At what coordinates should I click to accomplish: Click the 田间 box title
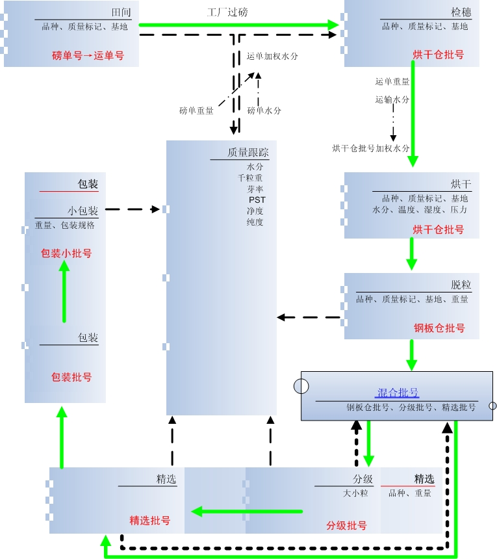point(120,13)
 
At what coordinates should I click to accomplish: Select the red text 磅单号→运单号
point(88,55)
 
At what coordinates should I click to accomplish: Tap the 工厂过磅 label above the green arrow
point(227,12)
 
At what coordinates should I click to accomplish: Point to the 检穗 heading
point(461,13)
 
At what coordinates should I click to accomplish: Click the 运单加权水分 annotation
point(272,57)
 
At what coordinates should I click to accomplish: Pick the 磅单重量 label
point(196,110)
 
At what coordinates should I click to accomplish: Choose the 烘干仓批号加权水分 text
point(371,148)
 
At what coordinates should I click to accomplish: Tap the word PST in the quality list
point(257,200)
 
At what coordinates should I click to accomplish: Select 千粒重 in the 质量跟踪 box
point(250,177)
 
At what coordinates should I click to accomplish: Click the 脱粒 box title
point(461,285)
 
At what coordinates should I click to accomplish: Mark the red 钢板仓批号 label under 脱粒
point(439,328)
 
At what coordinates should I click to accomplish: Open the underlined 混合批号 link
point(398,393)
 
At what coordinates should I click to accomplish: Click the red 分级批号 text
point(346,525)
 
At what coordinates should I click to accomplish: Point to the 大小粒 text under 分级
point(355,493)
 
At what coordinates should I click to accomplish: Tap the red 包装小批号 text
point(66,253)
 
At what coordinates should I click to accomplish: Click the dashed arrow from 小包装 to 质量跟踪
point(133,209)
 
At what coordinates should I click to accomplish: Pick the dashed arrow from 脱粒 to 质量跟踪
point(310,318)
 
